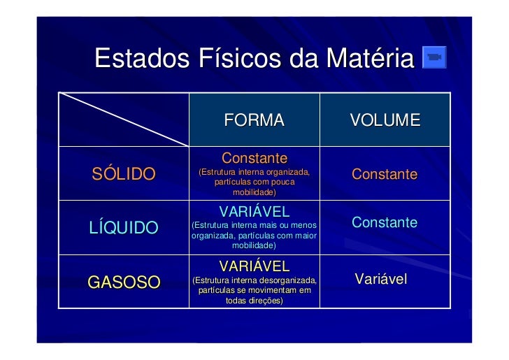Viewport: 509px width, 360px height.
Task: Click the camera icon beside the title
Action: click(434, 57)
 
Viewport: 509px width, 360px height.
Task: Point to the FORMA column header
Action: click(254, 121)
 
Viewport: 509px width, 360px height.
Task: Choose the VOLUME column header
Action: click(385, 121)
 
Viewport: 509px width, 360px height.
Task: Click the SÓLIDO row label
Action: click(124, 174)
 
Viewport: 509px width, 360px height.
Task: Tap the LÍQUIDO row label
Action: click(124, 227)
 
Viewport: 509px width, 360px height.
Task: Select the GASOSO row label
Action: click(124, 282)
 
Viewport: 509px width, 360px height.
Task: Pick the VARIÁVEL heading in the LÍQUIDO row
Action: click(254, 212)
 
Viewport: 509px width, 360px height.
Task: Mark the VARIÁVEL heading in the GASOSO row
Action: click(254, 266)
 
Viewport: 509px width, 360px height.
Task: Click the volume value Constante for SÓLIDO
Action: click(385, 174)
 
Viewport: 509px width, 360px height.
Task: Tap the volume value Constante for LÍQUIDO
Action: click(385, 223)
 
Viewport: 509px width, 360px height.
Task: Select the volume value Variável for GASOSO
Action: click(381, 280)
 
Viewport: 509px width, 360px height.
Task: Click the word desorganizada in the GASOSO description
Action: click(287, 280)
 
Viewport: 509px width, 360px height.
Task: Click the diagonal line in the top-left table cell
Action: click(124, 120)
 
